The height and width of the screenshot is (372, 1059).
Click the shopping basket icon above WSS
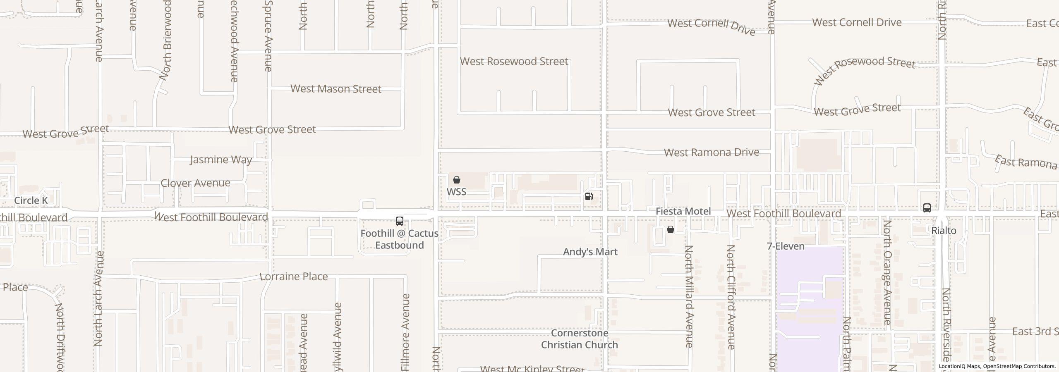pyautogui.click(x=457, y=180)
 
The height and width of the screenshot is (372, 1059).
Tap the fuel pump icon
pyautogui.click(x=589, y=196)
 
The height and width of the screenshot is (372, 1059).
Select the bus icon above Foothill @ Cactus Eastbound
pyautogui.click(x=400, y=221)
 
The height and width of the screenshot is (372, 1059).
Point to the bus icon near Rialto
pyautogui.click(x=927, y=208)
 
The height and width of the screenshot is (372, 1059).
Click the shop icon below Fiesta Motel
pyautogui.click(x=671, y=229)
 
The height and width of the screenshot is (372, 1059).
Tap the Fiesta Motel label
pyautogui.click(x=683, y=211)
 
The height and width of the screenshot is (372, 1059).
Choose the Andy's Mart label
pyautogui.click(x=590, y=252)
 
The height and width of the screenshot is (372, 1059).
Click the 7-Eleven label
pyautogui.click(x=786, y=246)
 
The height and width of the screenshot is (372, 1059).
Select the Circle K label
pyautogui.click(x=31, y=200)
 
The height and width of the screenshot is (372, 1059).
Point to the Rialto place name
pyautogui.click(x=944, y=231)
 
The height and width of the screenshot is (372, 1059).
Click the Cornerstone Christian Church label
pyautogui.click(x=579, y=339)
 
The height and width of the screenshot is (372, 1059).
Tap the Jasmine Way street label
pyautogui.click(x=221, y=160)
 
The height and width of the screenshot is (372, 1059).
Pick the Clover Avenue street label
pyautogui.click(x=195, y=183)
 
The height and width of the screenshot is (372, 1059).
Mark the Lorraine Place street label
pyautogui.click(x=294, y=277)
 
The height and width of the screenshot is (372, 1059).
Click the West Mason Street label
pyautogui.click(x=335, y=89)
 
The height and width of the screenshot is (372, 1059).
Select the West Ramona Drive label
pyautogui.click(x=711, y=153)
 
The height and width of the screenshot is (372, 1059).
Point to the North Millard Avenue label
pyautogui.click(x=689, y=296)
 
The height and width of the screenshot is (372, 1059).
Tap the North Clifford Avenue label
pyautogui.click(x=731, y=297)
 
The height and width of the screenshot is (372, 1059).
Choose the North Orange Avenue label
pyautogui.click(x=887, y=272)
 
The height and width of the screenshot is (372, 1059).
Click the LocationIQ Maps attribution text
pyautogui.click(x=997, y=366)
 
